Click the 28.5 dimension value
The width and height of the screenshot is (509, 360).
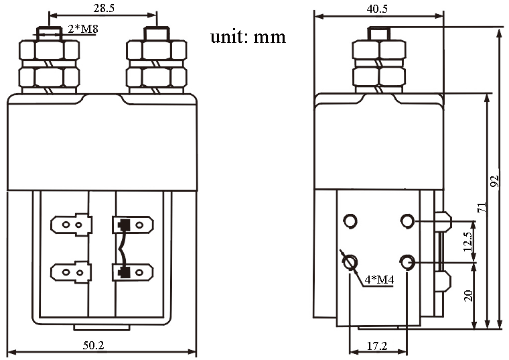point(102,7)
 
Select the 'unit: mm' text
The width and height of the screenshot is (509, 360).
point(248,36)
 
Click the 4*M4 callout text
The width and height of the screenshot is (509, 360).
point(379,279)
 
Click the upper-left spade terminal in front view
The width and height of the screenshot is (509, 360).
point(71,223)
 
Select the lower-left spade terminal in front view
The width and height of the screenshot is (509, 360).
point(71,272)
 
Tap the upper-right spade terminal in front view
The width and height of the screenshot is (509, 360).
point(132,223)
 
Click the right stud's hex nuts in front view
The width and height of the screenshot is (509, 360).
point(156,66)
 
